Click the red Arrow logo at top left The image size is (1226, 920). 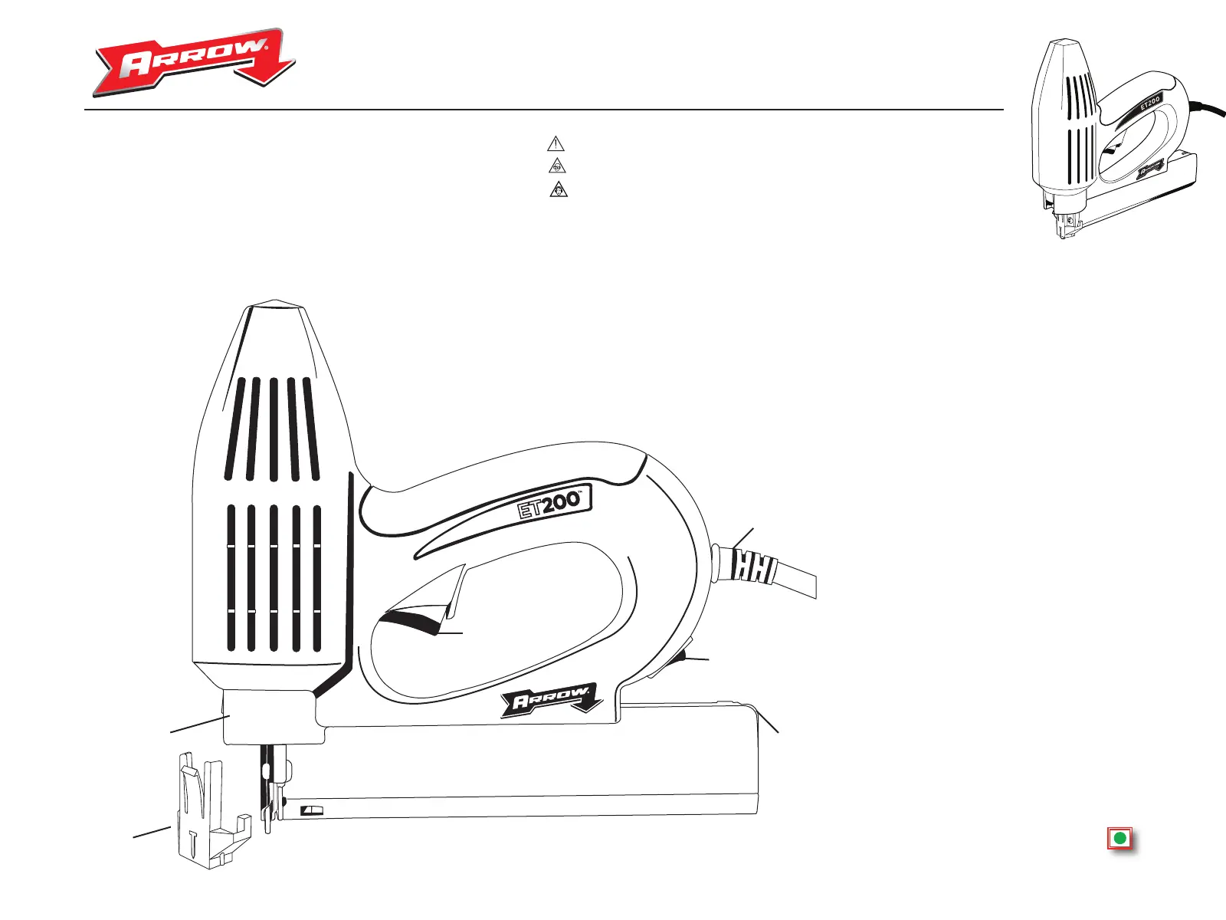pyautogui.click(x=195, y=63)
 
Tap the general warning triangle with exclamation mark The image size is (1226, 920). pyautogui.click(x=556, y=143)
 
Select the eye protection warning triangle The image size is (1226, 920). pyautogui.click(x=557, y=166)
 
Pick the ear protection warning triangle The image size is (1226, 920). pyautogui.click(x=559, y=189)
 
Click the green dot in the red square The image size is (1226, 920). pyautogui.click(x=1119, y=838)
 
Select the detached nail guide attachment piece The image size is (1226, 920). pyautogui.click(x=207, y=813)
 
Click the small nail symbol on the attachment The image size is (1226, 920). pyautogui.click(x=193, y=840)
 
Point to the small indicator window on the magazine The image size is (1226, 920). pyautogui.click(x=313, y=810)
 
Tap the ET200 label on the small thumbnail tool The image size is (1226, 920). pyautogui.click(x=1149, y=103)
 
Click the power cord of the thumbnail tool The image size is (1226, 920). pyautogui.click(x=1207, y=111)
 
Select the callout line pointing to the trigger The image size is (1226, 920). pyautogui.click(x=451, y=633)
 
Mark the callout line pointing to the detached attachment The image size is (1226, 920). pyautogui.click(x=152, y=831)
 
